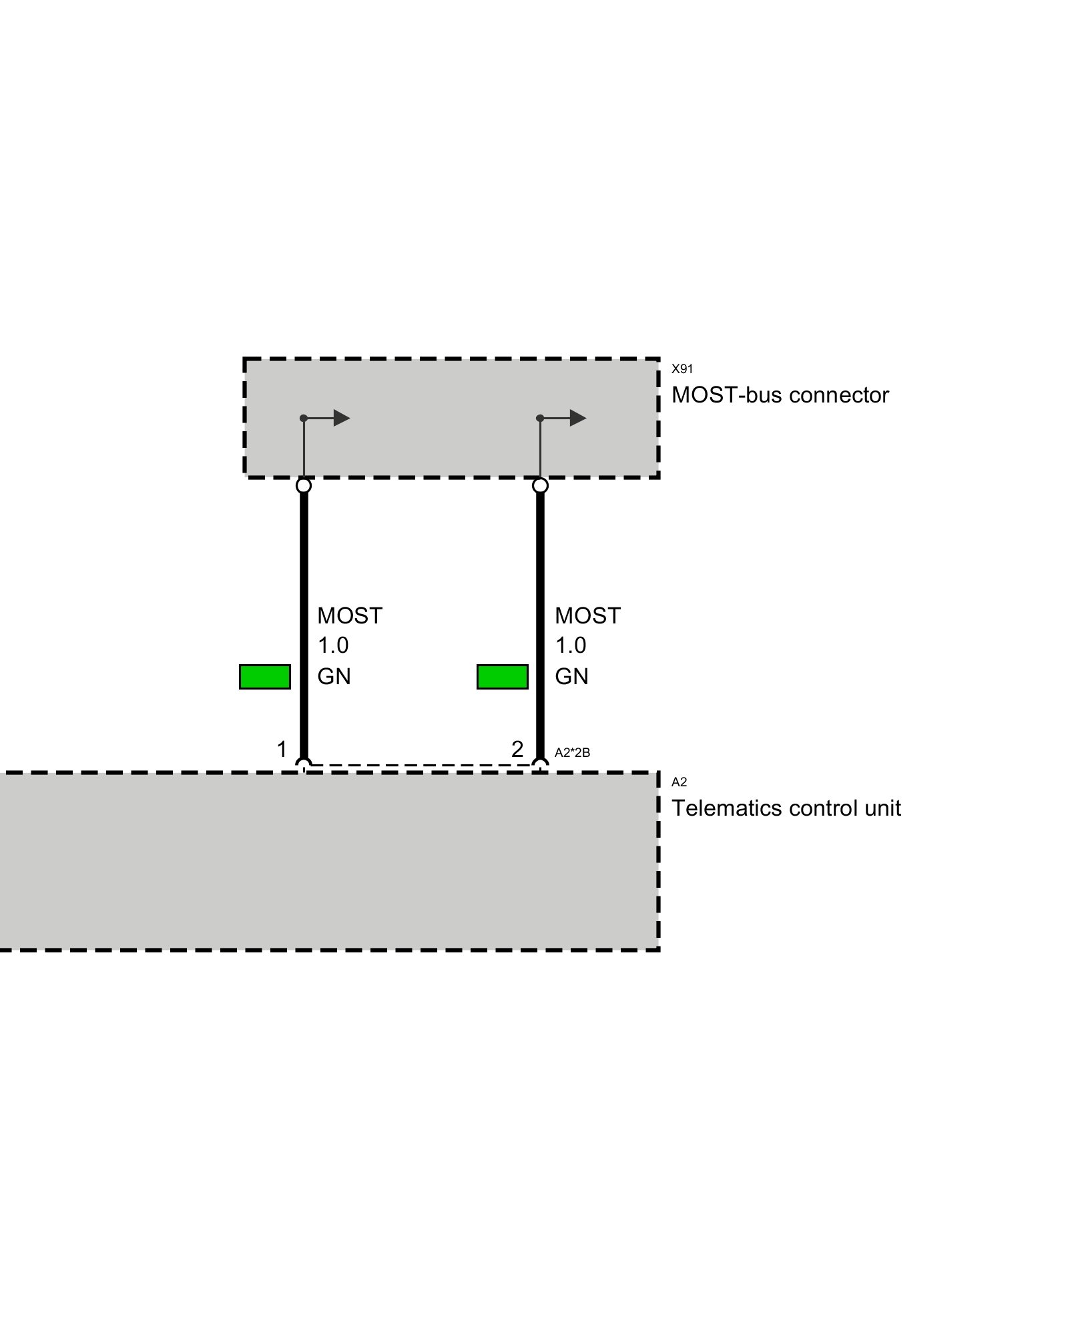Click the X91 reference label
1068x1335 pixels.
[x=682, y=368]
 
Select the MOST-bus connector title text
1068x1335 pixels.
[x=780, y=395]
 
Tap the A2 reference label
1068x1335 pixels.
[x=678, y=782]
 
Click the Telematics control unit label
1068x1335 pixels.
[x=786, y=808]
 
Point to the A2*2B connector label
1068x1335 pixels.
[x=572, y=753]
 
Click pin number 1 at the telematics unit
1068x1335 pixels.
[x=282, y=750]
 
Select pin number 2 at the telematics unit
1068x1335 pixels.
[x=517, y=750]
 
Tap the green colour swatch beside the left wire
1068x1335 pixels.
[x=265, y=677]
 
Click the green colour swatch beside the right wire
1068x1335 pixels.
[x=502, y=677]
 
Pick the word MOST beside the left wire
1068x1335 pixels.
[x=350, y=615]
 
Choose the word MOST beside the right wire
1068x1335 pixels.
[x=587, y=615]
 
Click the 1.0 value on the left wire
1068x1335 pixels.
[x=332, y=645]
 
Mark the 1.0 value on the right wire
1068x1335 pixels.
[x=570, y=645]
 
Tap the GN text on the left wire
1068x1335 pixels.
[x=334, y=677]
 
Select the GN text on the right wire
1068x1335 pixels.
[x=571, y=677]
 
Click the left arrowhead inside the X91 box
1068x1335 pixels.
[x=341, y=419]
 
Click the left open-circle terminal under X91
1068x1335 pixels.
[x=304, y=485]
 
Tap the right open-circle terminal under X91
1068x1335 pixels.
[x=540, y=485]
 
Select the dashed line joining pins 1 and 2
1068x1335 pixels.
[x=422, y=765]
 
